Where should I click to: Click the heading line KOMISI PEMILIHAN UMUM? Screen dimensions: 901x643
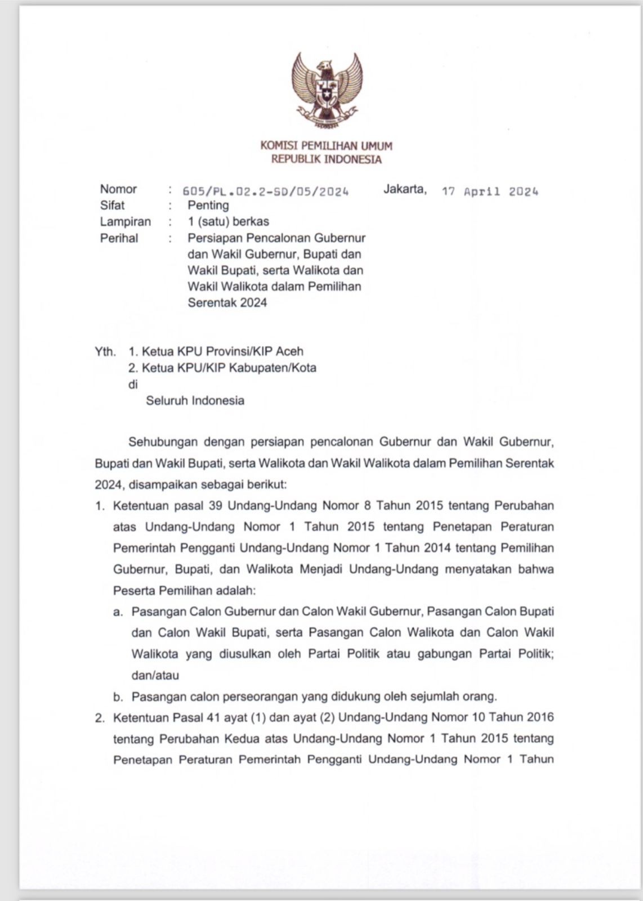[326, 146]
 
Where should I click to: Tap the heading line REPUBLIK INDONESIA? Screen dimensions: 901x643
[326, 159]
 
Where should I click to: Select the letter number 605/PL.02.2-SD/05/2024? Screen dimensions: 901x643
[266, 191]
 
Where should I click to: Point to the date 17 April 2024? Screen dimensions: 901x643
[490, 191]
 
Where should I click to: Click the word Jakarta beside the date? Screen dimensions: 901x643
[405, 189]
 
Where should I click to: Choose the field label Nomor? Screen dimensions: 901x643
[118, 189]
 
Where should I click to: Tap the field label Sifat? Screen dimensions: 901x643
[112, 206]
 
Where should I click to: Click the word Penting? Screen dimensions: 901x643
[208, 206]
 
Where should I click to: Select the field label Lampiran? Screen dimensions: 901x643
[125, 222]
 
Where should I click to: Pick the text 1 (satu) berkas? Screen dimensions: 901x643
[228, 222]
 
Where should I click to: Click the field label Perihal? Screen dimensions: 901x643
[119, 238]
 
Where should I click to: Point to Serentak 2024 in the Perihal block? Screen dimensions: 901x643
[227, 302]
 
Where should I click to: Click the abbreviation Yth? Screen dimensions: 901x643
[105, 352]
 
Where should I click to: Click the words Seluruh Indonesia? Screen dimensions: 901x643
[195, 400]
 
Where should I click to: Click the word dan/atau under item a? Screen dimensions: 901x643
[155, 675]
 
